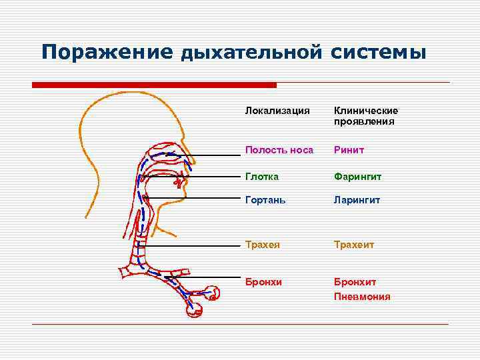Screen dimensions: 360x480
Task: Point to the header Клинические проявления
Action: coord(366,116)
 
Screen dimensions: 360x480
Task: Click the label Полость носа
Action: coord(279,150)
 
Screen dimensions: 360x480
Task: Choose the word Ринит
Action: coord(349,150)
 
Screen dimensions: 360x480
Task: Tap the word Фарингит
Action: coord(357,177)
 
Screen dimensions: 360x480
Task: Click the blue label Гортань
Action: coord(264,200)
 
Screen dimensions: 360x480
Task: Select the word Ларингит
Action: coord(357,200)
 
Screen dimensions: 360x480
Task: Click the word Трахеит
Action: coord(355,245)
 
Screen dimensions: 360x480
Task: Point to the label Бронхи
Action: coord(263,282)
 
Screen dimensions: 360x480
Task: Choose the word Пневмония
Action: coord(362,297)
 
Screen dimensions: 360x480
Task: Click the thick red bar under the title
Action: coord(154,85)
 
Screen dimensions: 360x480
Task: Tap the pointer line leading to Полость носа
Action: coord(213,155)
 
